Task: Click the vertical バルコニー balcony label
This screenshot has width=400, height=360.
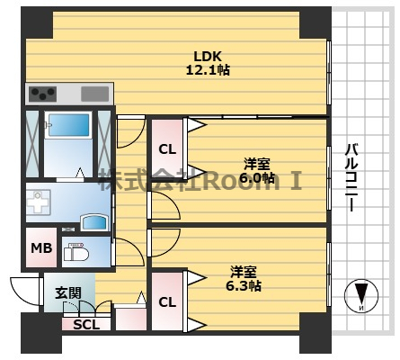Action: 353,175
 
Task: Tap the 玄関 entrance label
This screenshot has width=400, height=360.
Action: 67,292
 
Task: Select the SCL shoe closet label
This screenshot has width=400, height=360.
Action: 87,326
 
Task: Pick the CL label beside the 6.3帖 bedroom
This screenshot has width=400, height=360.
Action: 167,302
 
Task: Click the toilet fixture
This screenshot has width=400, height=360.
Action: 76,254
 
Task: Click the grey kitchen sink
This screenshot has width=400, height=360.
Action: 95,93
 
